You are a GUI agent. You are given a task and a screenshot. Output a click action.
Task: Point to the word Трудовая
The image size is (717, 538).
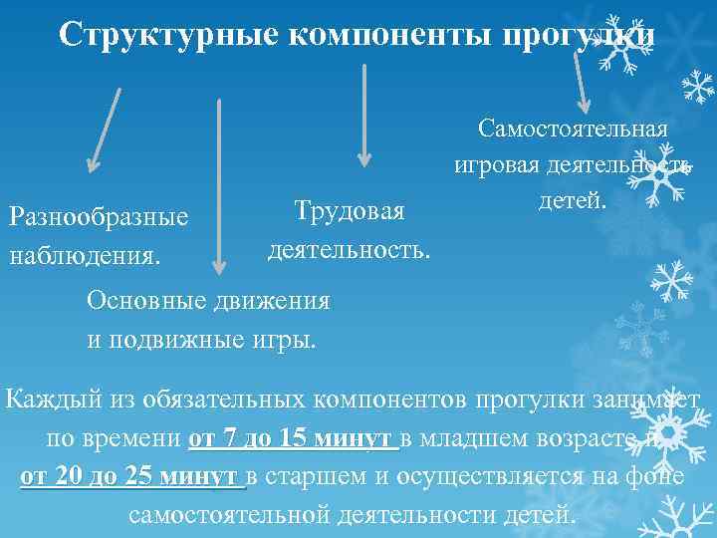pos(350,211)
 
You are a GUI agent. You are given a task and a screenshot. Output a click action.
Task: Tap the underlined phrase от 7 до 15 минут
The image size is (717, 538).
pos(293,439)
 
